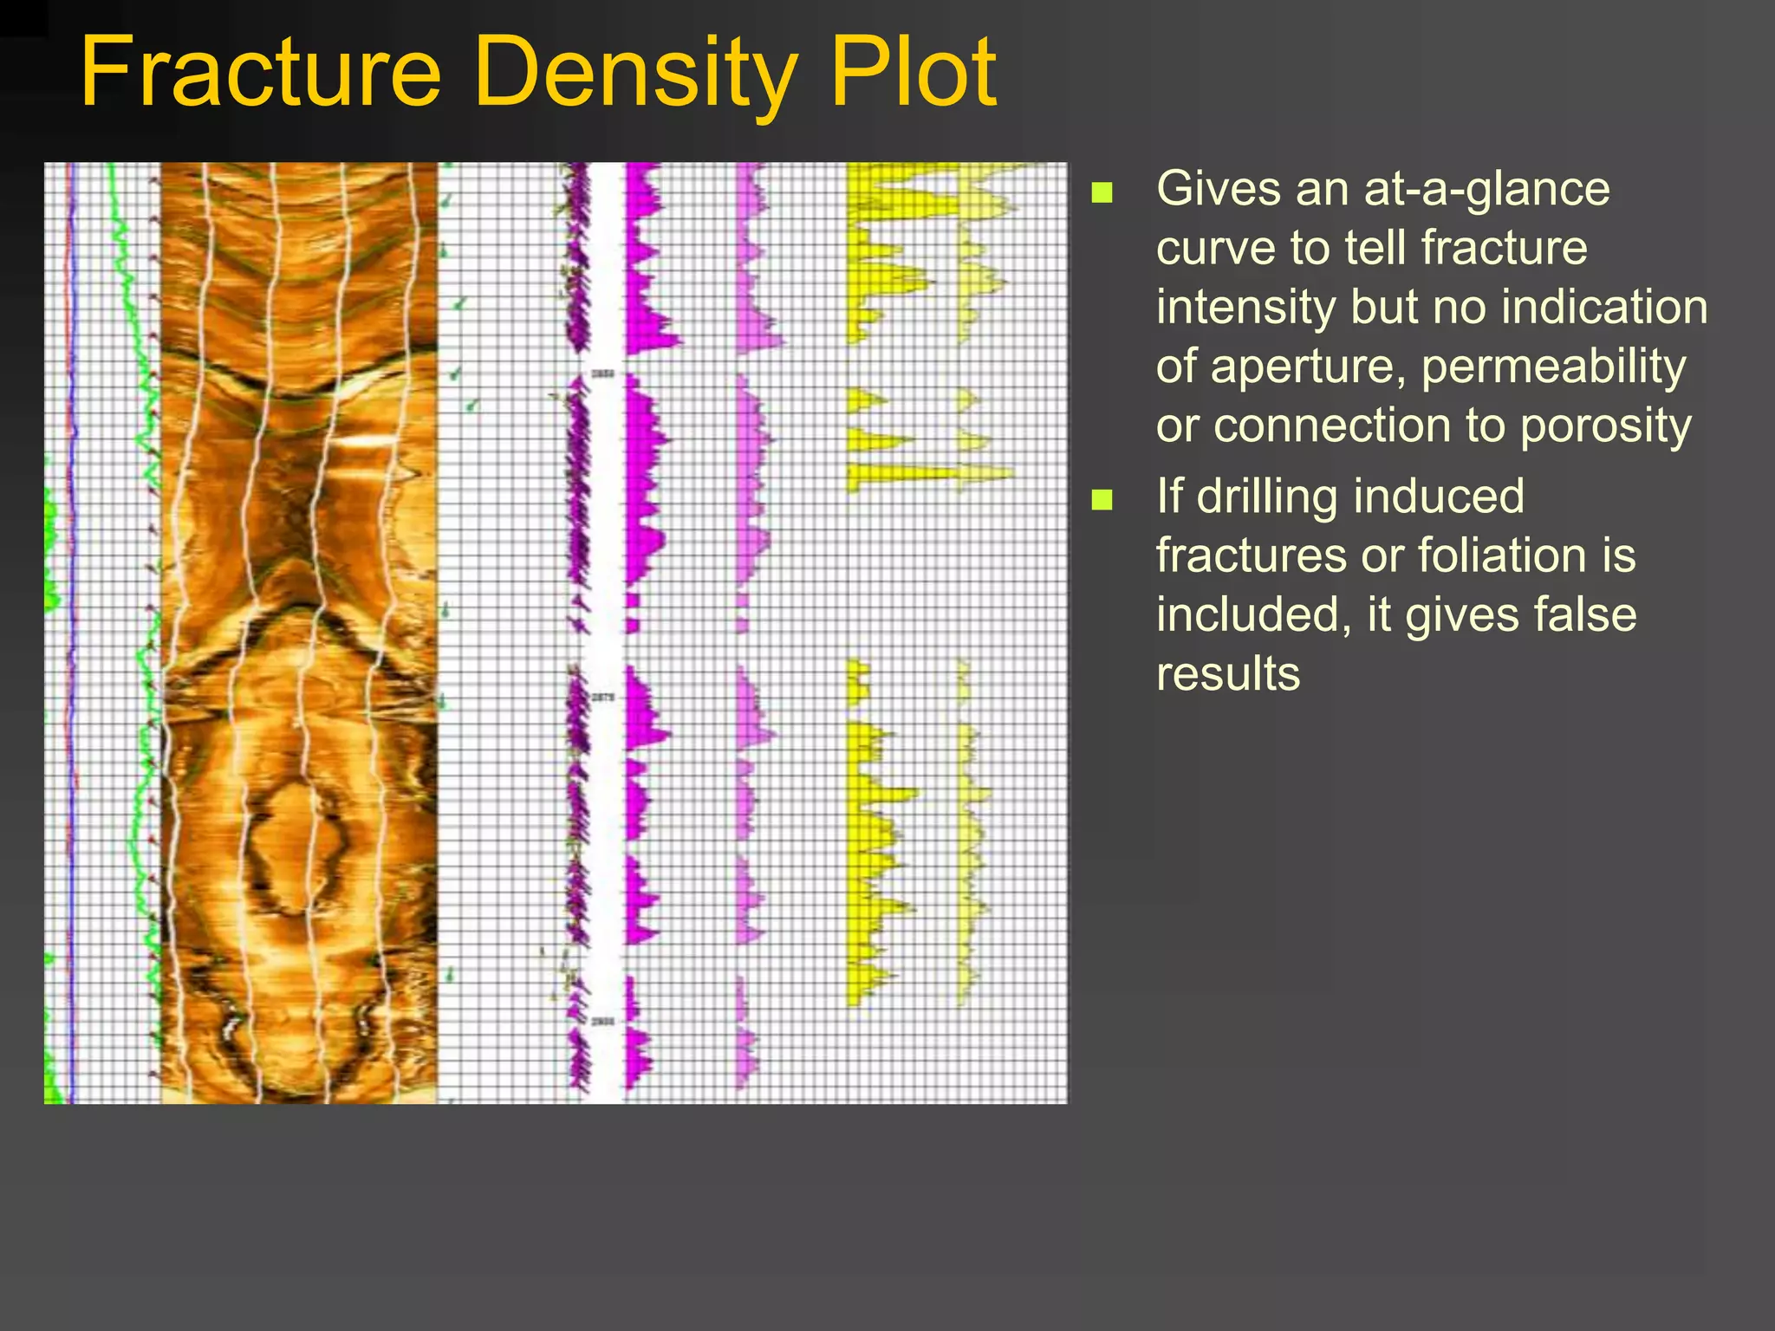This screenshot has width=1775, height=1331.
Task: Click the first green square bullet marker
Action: point(1102,192)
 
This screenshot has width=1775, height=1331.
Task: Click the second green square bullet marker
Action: point(1102,499)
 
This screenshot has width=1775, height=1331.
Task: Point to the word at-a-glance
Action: point(1486,189)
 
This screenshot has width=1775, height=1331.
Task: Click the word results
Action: point(1227,673)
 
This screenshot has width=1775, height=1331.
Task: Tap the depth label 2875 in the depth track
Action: point(603,698)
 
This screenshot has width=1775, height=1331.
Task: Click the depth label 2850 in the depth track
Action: point(603,373)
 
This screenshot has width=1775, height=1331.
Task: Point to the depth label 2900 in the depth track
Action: point(603,1022)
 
